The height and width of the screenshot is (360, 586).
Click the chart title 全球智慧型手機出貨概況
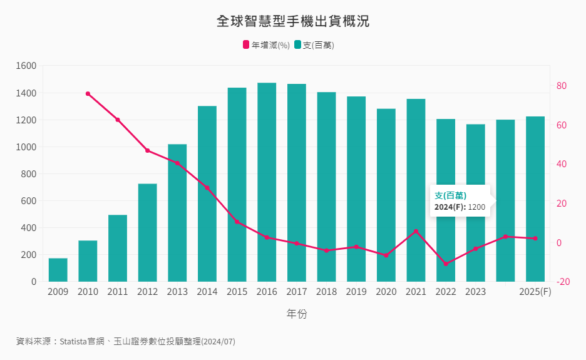coord(293,21)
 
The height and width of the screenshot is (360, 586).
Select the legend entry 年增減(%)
coord(266,45)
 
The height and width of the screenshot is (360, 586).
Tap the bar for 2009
coord(58,270)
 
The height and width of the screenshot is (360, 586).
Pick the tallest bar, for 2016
coord(267,182)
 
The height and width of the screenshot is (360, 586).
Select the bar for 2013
coord(177,213)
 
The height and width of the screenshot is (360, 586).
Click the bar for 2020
coord(386,194)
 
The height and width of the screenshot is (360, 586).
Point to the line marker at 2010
coord(88,94)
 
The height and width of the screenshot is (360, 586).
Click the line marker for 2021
coord(416,231)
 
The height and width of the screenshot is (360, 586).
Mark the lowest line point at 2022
coord(446,264)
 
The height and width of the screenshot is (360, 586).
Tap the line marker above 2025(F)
coord(535,239)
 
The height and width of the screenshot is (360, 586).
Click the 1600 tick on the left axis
coord(26,66)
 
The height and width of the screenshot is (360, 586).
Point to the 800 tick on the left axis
coord(29,174)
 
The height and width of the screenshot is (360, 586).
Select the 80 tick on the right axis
coord(562,86)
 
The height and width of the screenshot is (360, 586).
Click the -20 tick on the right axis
coord(562,282)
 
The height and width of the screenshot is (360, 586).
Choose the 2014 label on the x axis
coord(207,292)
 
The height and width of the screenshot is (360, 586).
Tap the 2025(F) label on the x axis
coord(535,292)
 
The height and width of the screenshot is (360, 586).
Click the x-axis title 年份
coord(297,314)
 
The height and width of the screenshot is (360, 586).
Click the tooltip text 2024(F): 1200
coord(460,207)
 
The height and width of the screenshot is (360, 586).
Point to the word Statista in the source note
coord(75,342)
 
